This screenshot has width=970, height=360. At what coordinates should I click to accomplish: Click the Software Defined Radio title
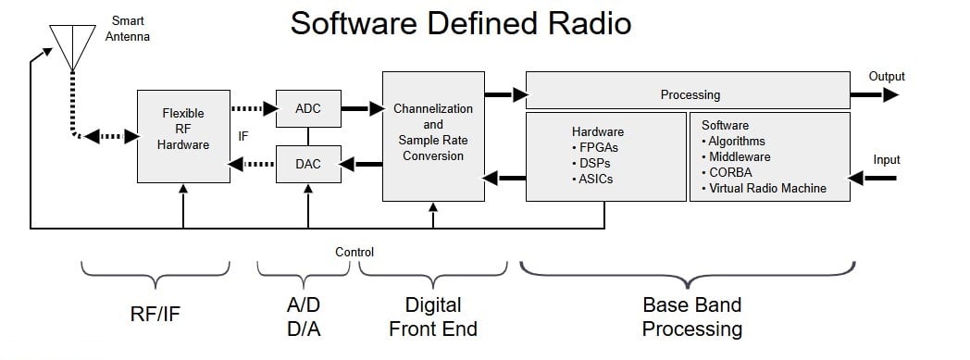(460, 22)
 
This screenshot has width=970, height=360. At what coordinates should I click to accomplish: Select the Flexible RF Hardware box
(182, 135)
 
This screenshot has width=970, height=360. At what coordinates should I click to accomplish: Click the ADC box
(307, 109)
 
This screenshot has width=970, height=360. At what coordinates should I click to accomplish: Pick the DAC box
(307, 164)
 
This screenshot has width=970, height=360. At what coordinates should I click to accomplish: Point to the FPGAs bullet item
(596, 147)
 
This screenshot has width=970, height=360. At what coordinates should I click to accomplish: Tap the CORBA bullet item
(731, 172)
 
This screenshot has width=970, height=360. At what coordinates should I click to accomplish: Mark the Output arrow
(874, 93)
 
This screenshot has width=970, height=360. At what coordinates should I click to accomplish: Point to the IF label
(243, 136)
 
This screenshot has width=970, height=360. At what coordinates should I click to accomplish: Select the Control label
(354, 251)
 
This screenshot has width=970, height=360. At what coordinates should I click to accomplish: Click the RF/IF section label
(155, 314)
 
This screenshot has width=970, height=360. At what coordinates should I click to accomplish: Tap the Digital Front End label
(432, 316)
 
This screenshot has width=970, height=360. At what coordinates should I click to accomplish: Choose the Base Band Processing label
(691, 316)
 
